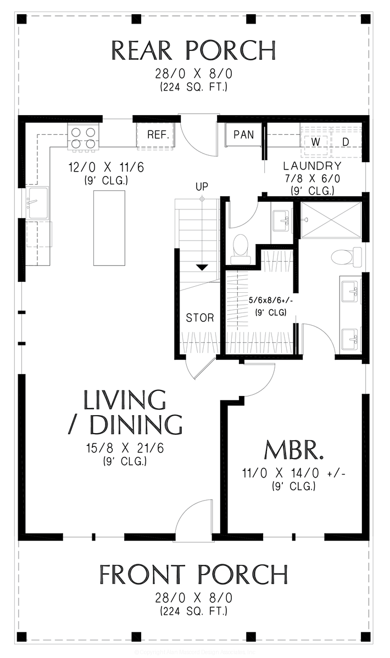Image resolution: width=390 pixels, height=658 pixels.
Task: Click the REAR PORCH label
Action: (193, 50)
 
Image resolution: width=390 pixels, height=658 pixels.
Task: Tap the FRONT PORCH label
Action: (193, 575)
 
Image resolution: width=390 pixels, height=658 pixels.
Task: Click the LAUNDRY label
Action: (312, 166)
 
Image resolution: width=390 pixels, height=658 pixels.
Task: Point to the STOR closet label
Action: (199, 318)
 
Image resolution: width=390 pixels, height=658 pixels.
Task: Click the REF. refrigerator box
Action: (157, 135)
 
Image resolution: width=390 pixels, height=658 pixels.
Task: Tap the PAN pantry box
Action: (243, 135)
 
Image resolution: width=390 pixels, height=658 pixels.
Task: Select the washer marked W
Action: (316, 142)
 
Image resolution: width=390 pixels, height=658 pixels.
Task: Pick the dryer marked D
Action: (346, 142)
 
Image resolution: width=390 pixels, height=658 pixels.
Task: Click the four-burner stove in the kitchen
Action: (83, 138)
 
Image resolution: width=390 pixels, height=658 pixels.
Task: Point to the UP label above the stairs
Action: (202, 186)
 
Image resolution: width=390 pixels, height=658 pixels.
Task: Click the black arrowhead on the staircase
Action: (202, 267)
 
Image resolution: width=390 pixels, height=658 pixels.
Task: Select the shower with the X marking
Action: (331, 220)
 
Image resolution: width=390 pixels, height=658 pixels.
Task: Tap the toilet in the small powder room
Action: (240, 246)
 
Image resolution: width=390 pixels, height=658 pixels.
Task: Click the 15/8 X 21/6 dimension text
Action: (124, 449)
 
